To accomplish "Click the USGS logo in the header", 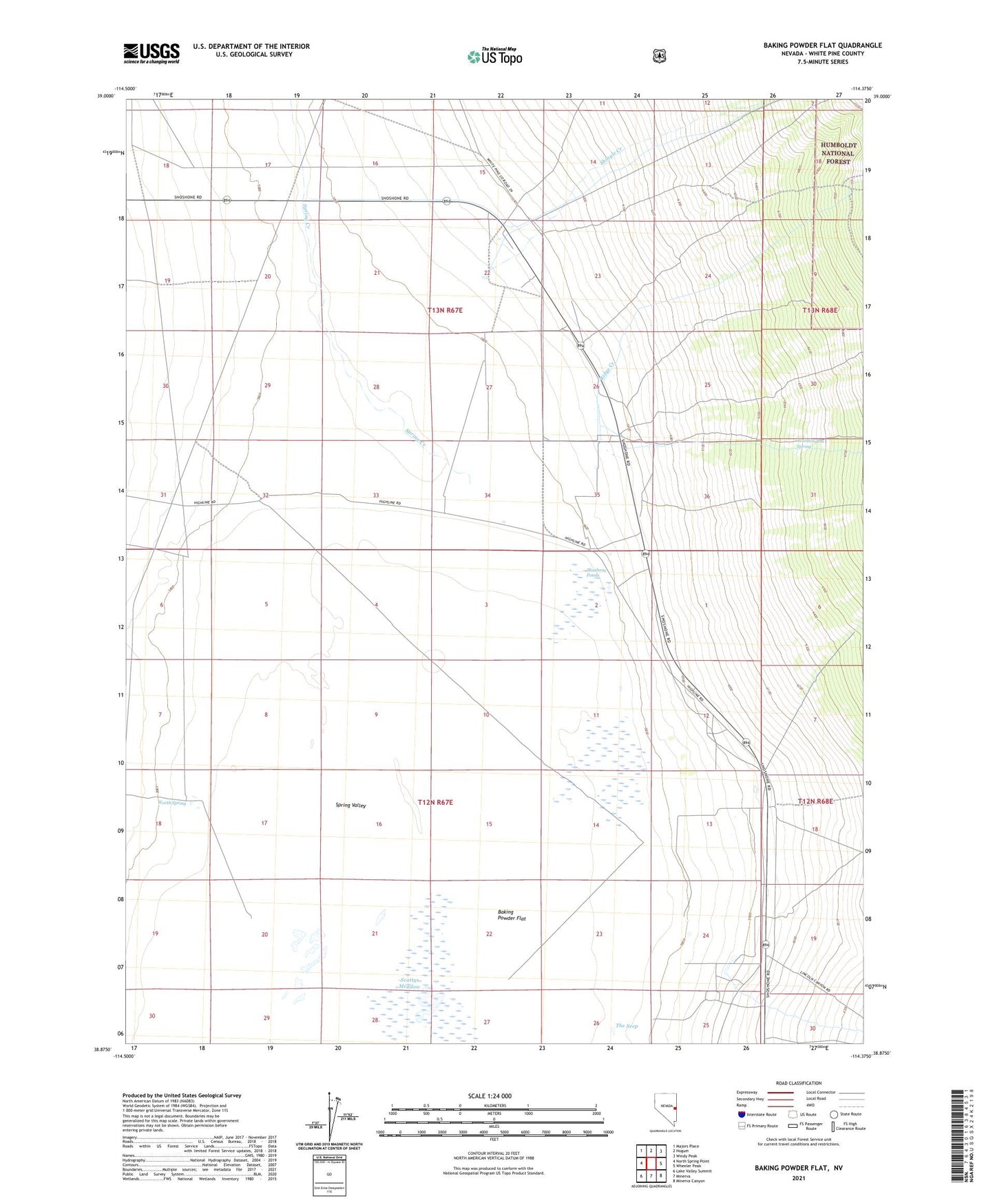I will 151,53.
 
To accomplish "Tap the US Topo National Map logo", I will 494,56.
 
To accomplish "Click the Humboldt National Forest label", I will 838,154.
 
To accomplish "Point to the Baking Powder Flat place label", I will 511,915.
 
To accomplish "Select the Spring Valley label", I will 350,805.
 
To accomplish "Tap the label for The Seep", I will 627,1026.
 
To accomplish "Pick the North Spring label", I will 171,803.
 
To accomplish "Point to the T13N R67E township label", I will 445,311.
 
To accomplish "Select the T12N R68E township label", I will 815,801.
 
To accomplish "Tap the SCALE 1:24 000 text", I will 490,1096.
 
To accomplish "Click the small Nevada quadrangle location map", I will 664,1112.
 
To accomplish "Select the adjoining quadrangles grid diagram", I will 651,1163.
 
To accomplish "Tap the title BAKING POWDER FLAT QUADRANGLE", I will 822,45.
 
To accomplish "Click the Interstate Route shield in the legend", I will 741,1114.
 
